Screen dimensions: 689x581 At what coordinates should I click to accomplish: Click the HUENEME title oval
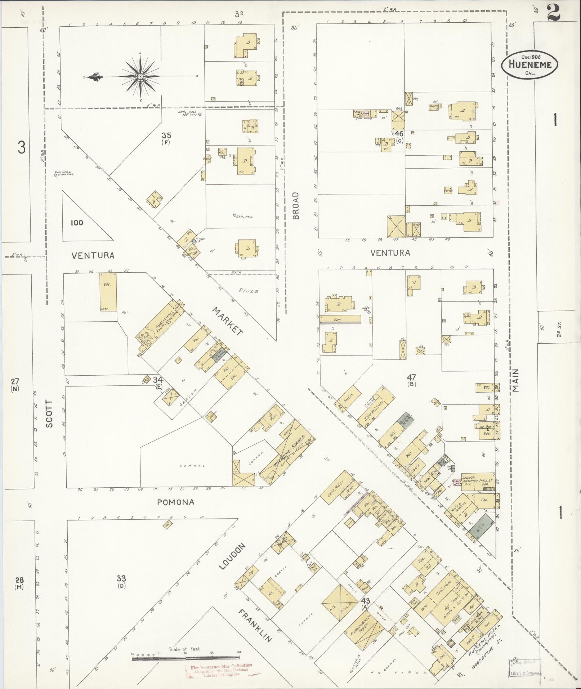(529, 64)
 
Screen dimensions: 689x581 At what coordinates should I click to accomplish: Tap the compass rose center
(140, 76)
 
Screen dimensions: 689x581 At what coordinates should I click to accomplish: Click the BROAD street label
(296, 205)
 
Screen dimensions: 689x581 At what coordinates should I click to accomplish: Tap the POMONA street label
(176, 502)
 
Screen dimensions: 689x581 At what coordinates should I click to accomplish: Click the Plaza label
(249, 291)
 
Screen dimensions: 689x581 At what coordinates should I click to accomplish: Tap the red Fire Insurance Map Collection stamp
(219, 670)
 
